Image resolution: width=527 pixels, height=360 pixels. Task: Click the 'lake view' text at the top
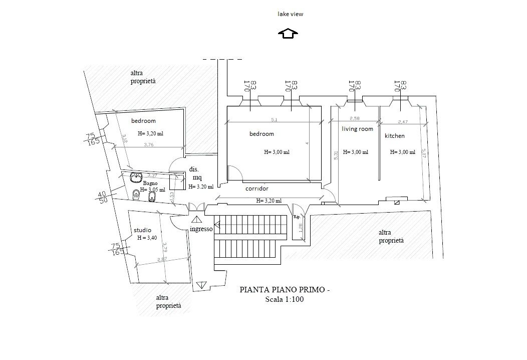(x=291, y=14)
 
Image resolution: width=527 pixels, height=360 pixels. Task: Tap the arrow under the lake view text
(x=288, y=34)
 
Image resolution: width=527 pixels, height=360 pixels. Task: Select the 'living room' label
(x=357, y=129)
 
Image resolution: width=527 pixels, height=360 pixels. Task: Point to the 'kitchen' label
(x=394, y=136)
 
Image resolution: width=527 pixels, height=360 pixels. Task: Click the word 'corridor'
(x=256, y=189)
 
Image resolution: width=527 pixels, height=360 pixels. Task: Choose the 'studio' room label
(x=143, y=230)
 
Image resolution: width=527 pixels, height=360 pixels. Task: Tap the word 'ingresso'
(x=201, y=229)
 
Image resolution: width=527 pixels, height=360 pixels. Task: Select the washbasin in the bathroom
(x=135, y=177)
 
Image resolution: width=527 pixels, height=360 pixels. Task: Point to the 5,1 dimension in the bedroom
(x=275, y=120)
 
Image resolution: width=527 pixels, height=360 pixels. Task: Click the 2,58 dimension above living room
(x=355, y=118)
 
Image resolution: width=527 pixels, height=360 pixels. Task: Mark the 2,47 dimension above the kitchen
(x=404, y=122)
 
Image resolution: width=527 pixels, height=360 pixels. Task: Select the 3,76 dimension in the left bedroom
(x=149, y=145)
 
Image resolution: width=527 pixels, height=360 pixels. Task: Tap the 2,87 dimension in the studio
(x=162, y=259)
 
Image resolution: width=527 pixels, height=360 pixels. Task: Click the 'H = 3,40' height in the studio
(x=147, y=238)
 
